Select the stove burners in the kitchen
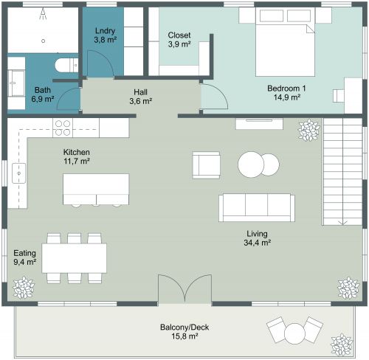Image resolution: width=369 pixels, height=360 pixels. [62, 128]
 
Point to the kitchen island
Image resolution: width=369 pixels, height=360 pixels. [96, 185]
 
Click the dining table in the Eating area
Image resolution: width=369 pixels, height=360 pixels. [74, 257]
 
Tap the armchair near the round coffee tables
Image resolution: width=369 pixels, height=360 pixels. [206, 163]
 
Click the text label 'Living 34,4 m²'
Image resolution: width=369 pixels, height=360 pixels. [258, 237]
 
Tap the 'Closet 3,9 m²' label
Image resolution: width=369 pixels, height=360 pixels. [179, 40]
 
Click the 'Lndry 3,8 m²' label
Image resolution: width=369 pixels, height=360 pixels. [106, 35]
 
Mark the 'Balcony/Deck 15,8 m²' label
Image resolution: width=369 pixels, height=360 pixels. [179, 331]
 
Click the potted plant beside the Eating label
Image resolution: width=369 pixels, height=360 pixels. [24, 286]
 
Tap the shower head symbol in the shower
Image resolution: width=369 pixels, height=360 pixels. [43, 13]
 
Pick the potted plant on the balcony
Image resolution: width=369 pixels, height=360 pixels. [342, 344]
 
